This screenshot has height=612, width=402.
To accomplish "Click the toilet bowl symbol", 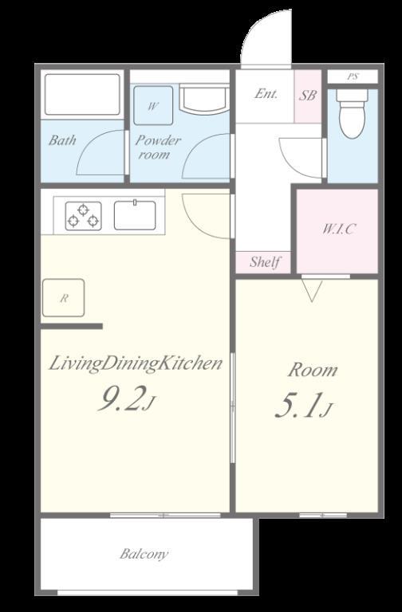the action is point(353,114).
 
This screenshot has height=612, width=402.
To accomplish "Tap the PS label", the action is point(353,76).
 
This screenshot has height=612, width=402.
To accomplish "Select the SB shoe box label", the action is point(308,96).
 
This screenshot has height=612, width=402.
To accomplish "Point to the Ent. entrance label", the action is point(266,94).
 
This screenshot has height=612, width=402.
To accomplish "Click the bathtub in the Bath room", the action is point(82,95).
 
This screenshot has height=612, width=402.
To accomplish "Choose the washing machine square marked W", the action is point(153,105).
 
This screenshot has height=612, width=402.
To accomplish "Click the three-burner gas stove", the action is point(83,216).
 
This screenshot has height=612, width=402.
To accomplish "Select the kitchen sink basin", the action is point(135,215).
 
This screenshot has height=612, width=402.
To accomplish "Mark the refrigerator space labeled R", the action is point(63,298).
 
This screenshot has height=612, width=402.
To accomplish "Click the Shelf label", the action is point(266,261).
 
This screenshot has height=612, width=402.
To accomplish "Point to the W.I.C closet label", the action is point(339,229).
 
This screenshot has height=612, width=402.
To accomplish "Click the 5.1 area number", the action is point(304,406).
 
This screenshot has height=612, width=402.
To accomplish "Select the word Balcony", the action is point(144,555).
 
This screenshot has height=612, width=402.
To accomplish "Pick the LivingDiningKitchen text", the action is point(136,363).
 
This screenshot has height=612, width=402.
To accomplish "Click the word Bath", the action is point(62,139).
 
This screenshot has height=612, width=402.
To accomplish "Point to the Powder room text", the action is point(157,147).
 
